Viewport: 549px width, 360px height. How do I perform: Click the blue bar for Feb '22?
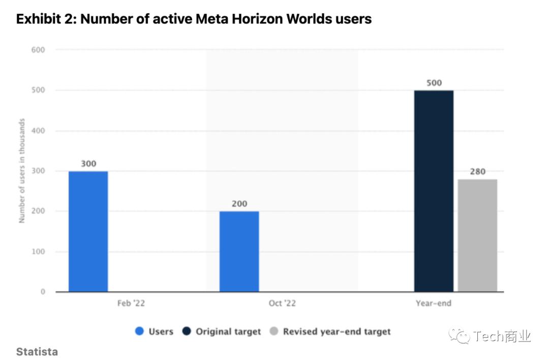pyautogui.click(x=88, y=231)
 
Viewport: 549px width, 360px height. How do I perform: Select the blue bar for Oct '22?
pyautogui.click(x=239, y=251)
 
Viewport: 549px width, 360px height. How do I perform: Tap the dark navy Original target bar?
pyautogui.click(x=434, y=191)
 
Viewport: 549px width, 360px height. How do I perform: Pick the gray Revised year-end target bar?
pyautogui.click(x=477, y=235)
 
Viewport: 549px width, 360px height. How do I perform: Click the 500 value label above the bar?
pyautogui.click(x=434, y=83)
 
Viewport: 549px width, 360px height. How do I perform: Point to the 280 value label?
pyautogui.click(x=477, y=171)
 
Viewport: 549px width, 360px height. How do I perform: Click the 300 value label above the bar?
pyautogui.click(x=88, y=164)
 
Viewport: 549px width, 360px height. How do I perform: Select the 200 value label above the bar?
pyautogui.click(x=239, y=204)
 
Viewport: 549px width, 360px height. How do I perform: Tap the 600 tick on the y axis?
pyautogui.click(x=39, y=50)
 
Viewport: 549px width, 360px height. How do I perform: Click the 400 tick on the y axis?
pyautogui.click(x=39, y=131)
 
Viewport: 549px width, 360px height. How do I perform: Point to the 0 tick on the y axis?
pyautogui.click(x=43, y=292)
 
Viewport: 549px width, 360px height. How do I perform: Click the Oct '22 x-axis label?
pyautogui.click(x=282, y=304)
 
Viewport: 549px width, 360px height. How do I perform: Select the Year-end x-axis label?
pyautogui.click(x=433, y=304)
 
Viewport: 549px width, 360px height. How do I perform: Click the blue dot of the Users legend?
pyautogui.click(x=139, y=332)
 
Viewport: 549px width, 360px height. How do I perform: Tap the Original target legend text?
pyautogui.click(x=228, y=332)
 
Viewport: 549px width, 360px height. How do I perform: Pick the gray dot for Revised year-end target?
pyautogui.click(x=274, y=332)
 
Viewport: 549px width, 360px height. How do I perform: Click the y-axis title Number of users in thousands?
pyautogui.click(x=22, y=171)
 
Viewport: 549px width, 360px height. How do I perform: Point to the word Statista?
pyautogui.click(x=37, y=351)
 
